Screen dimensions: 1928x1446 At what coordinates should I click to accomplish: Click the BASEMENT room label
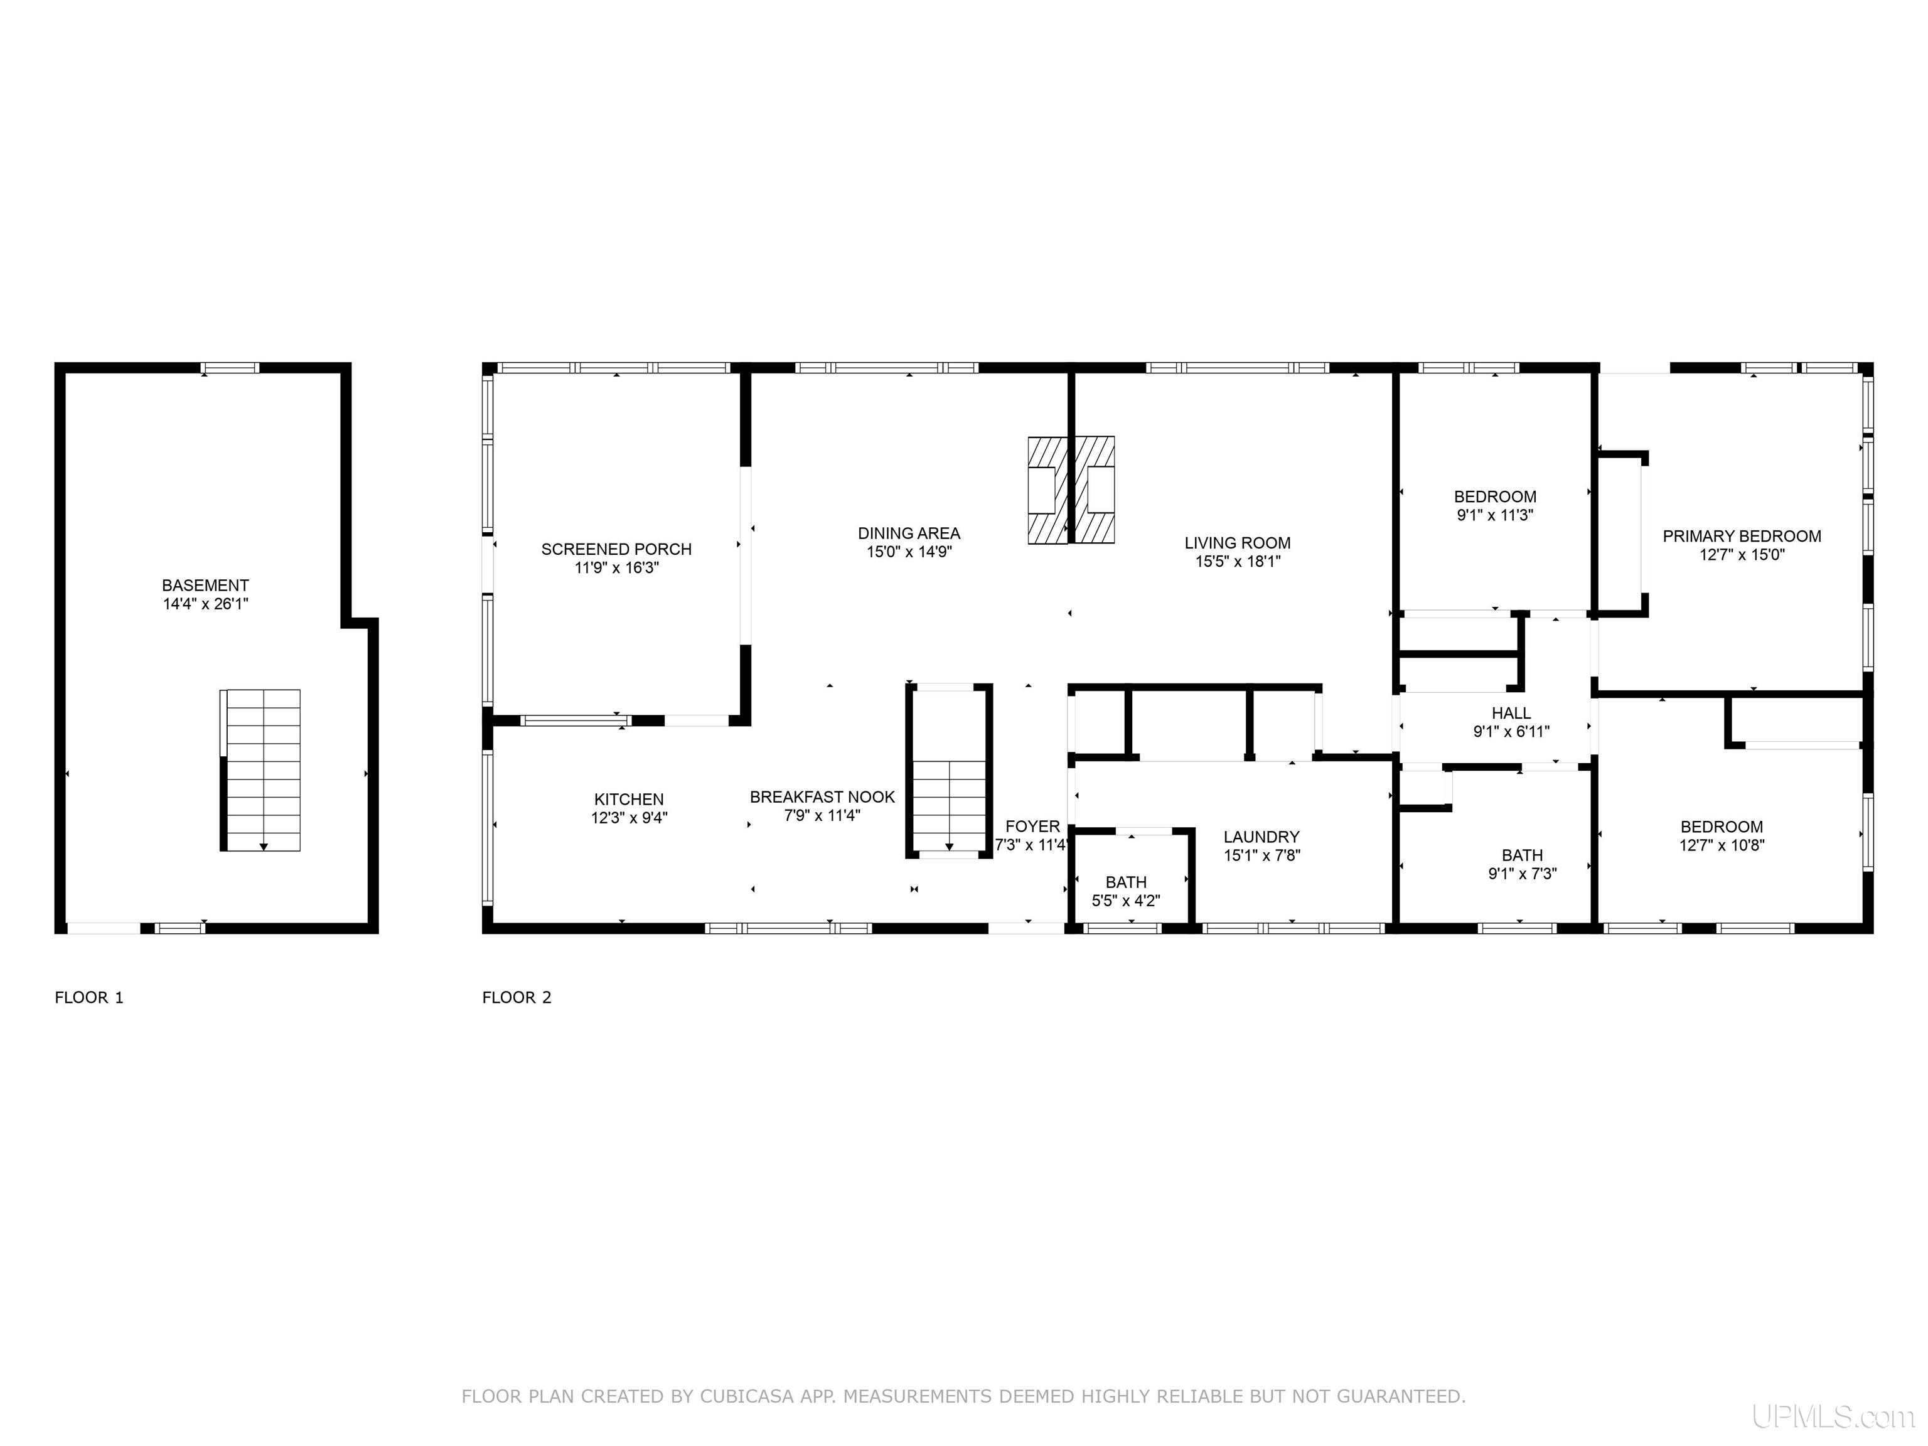206,586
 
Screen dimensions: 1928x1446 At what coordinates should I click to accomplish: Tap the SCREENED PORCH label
616,549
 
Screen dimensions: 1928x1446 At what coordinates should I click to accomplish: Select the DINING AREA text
909,533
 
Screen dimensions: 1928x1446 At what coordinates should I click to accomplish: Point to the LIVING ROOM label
1238,543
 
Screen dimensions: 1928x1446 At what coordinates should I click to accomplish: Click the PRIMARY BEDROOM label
1742,536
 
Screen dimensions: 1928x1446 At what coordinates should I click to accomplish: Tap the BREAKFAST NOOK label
823,796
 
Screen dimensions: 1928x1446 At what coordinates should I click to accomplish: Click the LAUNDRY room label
1261,837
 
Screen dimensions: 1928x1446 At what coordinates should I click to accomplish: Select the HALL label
1511,713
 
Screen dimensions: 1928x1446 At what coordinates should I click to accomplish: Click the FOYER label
1033,827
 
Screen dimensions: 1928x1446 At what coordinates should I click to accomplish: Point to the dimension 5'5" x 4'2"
1126,901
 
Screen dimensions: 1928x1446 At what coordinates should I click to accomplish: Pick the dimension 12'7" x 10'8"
1722,845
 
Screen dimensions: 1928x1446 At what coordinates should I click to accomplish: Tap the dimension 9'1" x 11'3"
1496,515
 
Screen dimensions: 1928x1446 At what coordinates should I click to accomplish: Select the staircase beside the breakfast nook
949,771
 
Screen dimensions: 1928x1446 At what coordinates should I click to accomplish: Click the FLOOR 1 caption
90,997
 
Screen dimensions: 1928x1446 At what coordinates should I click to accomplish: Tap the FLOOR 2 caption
517,997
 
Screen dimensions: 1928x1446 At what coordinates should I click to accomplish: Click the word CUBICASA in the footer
747,1396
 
